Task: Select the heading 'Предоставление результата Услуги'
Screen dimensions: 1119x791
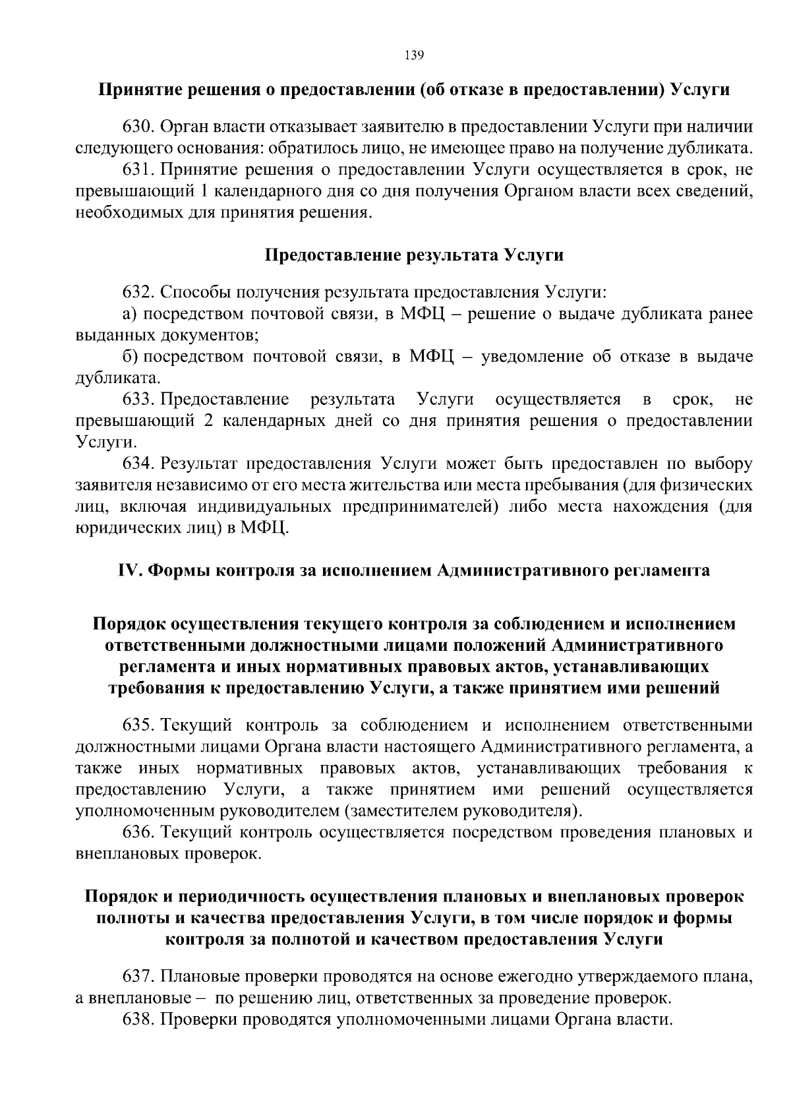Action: (x=414, y=255)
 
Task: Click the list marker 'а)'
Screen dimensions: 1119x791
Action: (x=130, y=313)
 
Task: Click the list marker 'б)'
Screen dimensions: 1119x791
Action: (x=130, y=357)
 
